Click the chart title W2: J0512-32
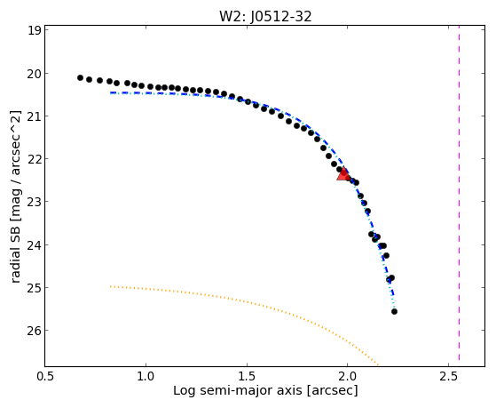(265, 16)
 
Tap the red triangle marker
(343, 173)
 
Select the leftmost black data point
(80, 77)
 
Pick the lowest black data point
(394, 312)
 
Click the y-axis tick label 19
(35, 30)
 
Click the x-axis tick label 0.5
(45, 376)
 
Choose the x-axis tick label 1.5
(247, 376)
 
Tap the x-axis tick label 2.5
(449, 376)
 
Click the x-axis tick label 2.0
(348, 376)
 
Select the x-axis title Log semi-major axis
(238, 391)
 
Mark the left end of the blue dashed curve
(110, 92)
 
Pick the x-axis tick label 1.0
(146, 376)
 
